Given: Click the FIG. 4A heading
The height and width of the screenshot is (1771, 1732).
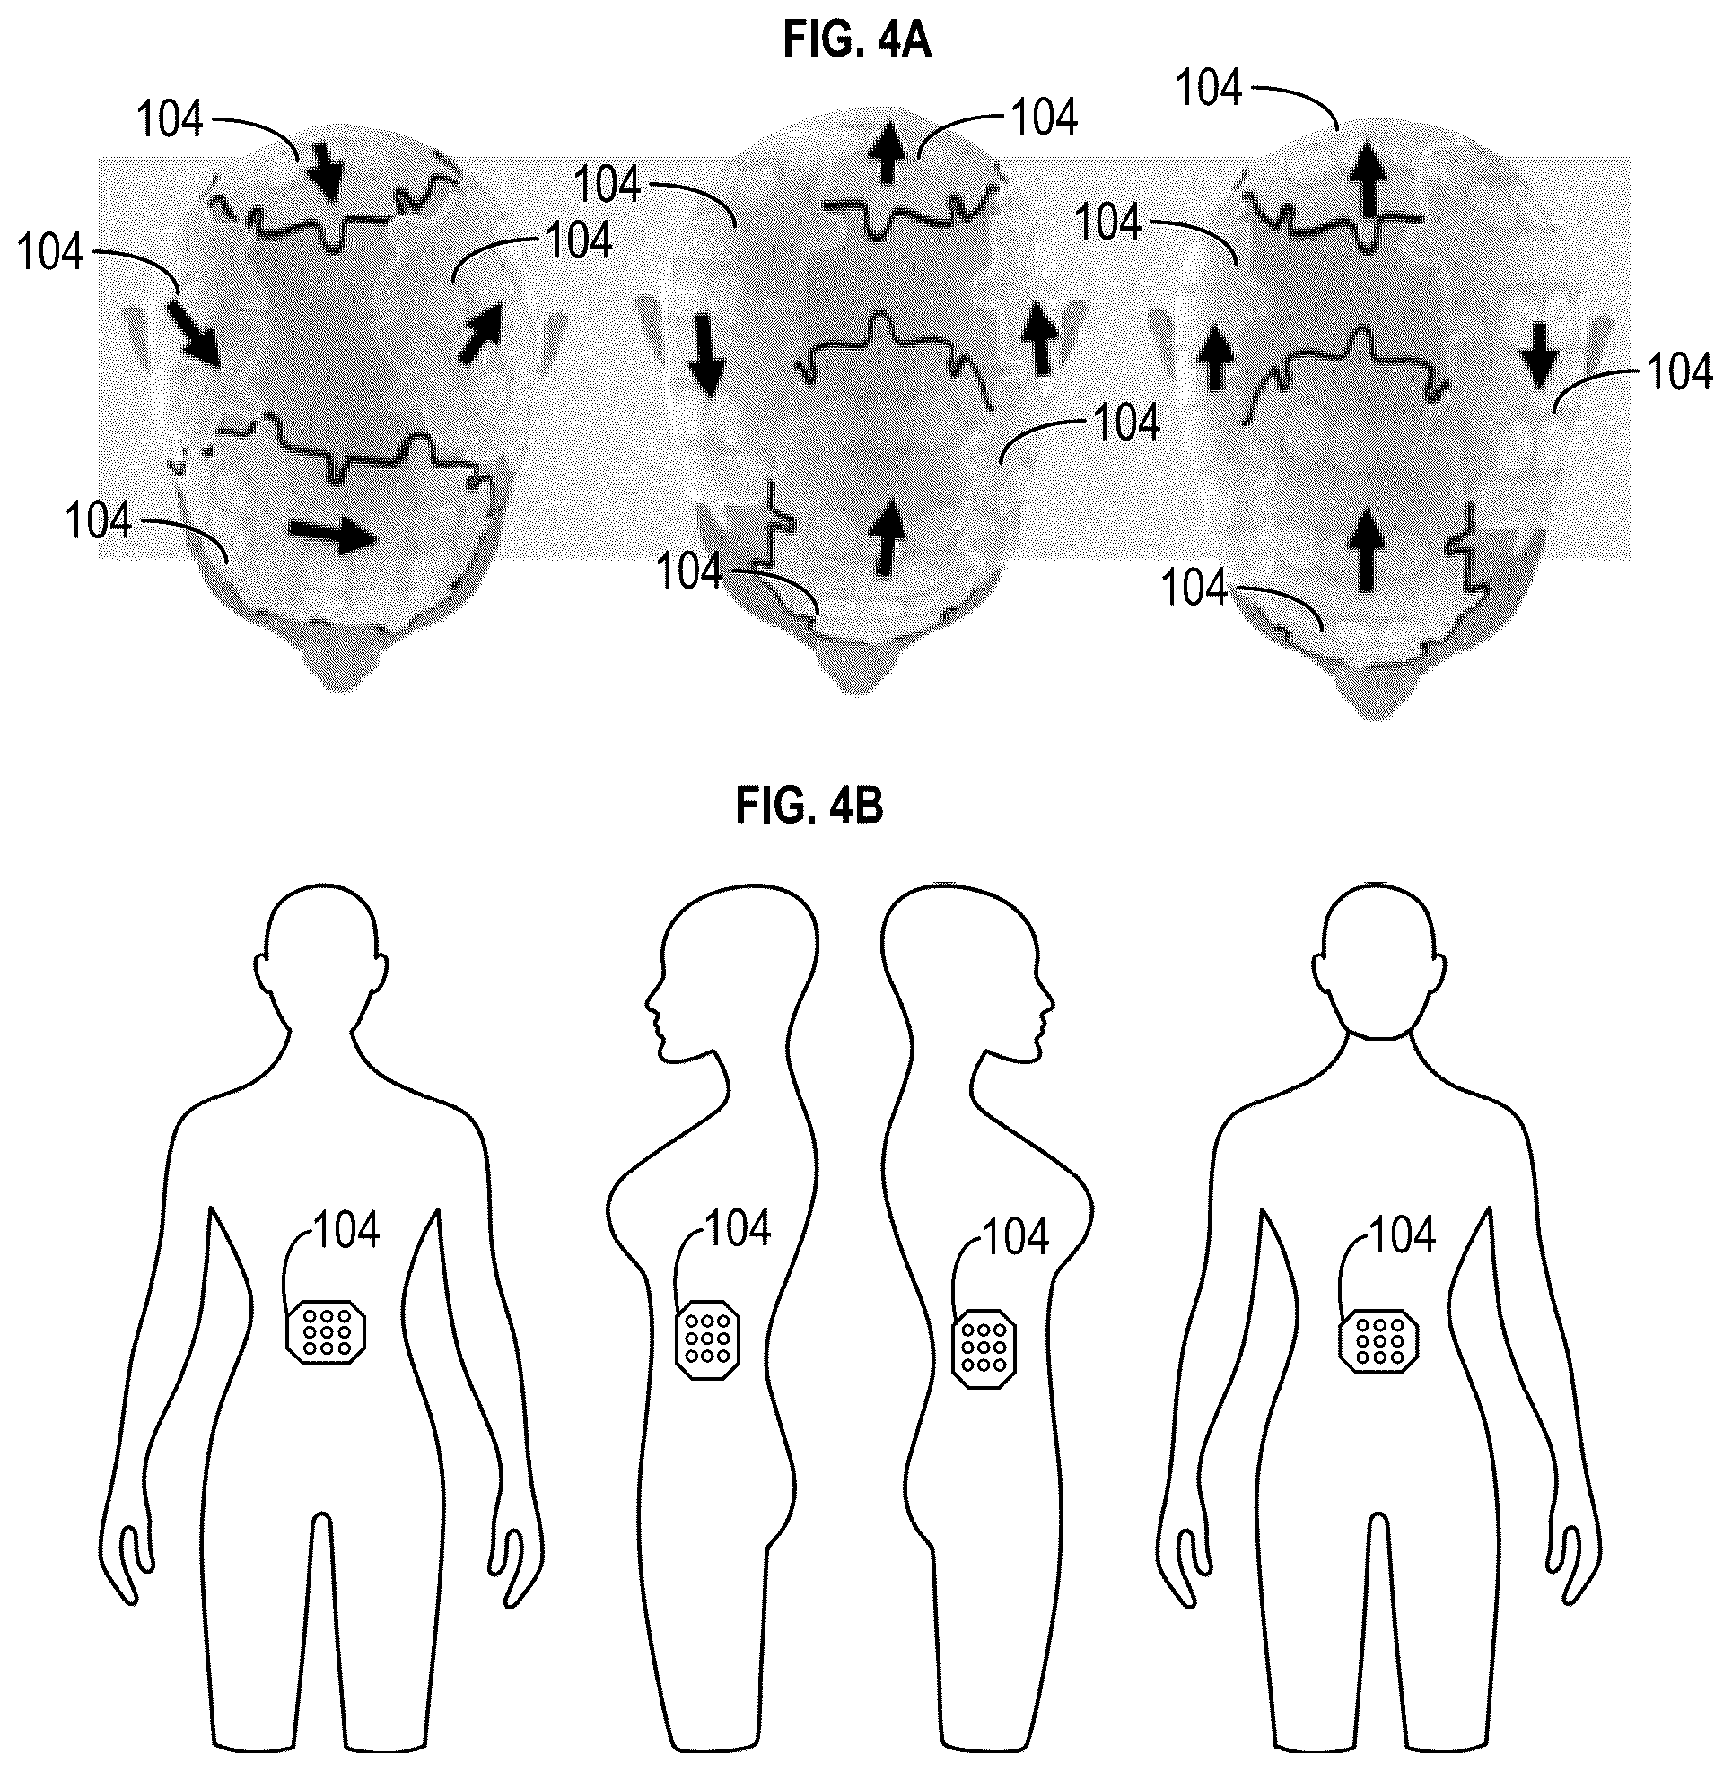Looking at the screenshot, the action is [857, 42].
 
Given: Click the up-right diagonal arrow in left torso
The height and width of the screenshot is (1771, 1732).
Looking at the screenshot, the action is [480, 333].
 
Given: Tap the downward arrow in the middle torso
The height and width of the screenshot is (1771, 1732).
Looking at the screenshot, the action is [705, 353].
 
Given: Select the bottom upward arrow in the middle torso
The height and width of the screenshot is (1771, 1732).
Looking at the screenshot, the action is [888, 538].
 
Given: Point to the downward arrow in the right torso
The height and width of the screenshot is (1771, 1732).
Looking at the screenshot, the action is [1537, 353].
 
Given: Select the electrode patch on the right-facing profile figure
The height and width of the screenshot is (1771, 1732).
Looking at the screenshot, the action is [984, 1348].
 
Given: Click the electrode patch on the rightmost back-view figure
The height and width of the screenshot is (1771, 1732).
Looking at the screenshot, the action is [1380, 1341].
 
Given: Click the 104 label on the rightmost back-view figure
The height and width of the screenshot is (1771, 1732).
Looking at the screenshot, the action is [1402, 1235].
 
